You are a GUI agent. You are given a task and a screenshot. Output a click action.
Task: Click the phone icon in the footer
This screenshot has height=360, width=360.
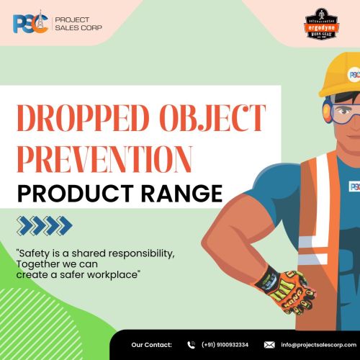pos(191,344)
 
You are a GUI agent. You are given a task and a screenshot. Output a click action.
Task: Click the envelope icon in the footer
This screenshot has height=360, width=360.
pos(269,344)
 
